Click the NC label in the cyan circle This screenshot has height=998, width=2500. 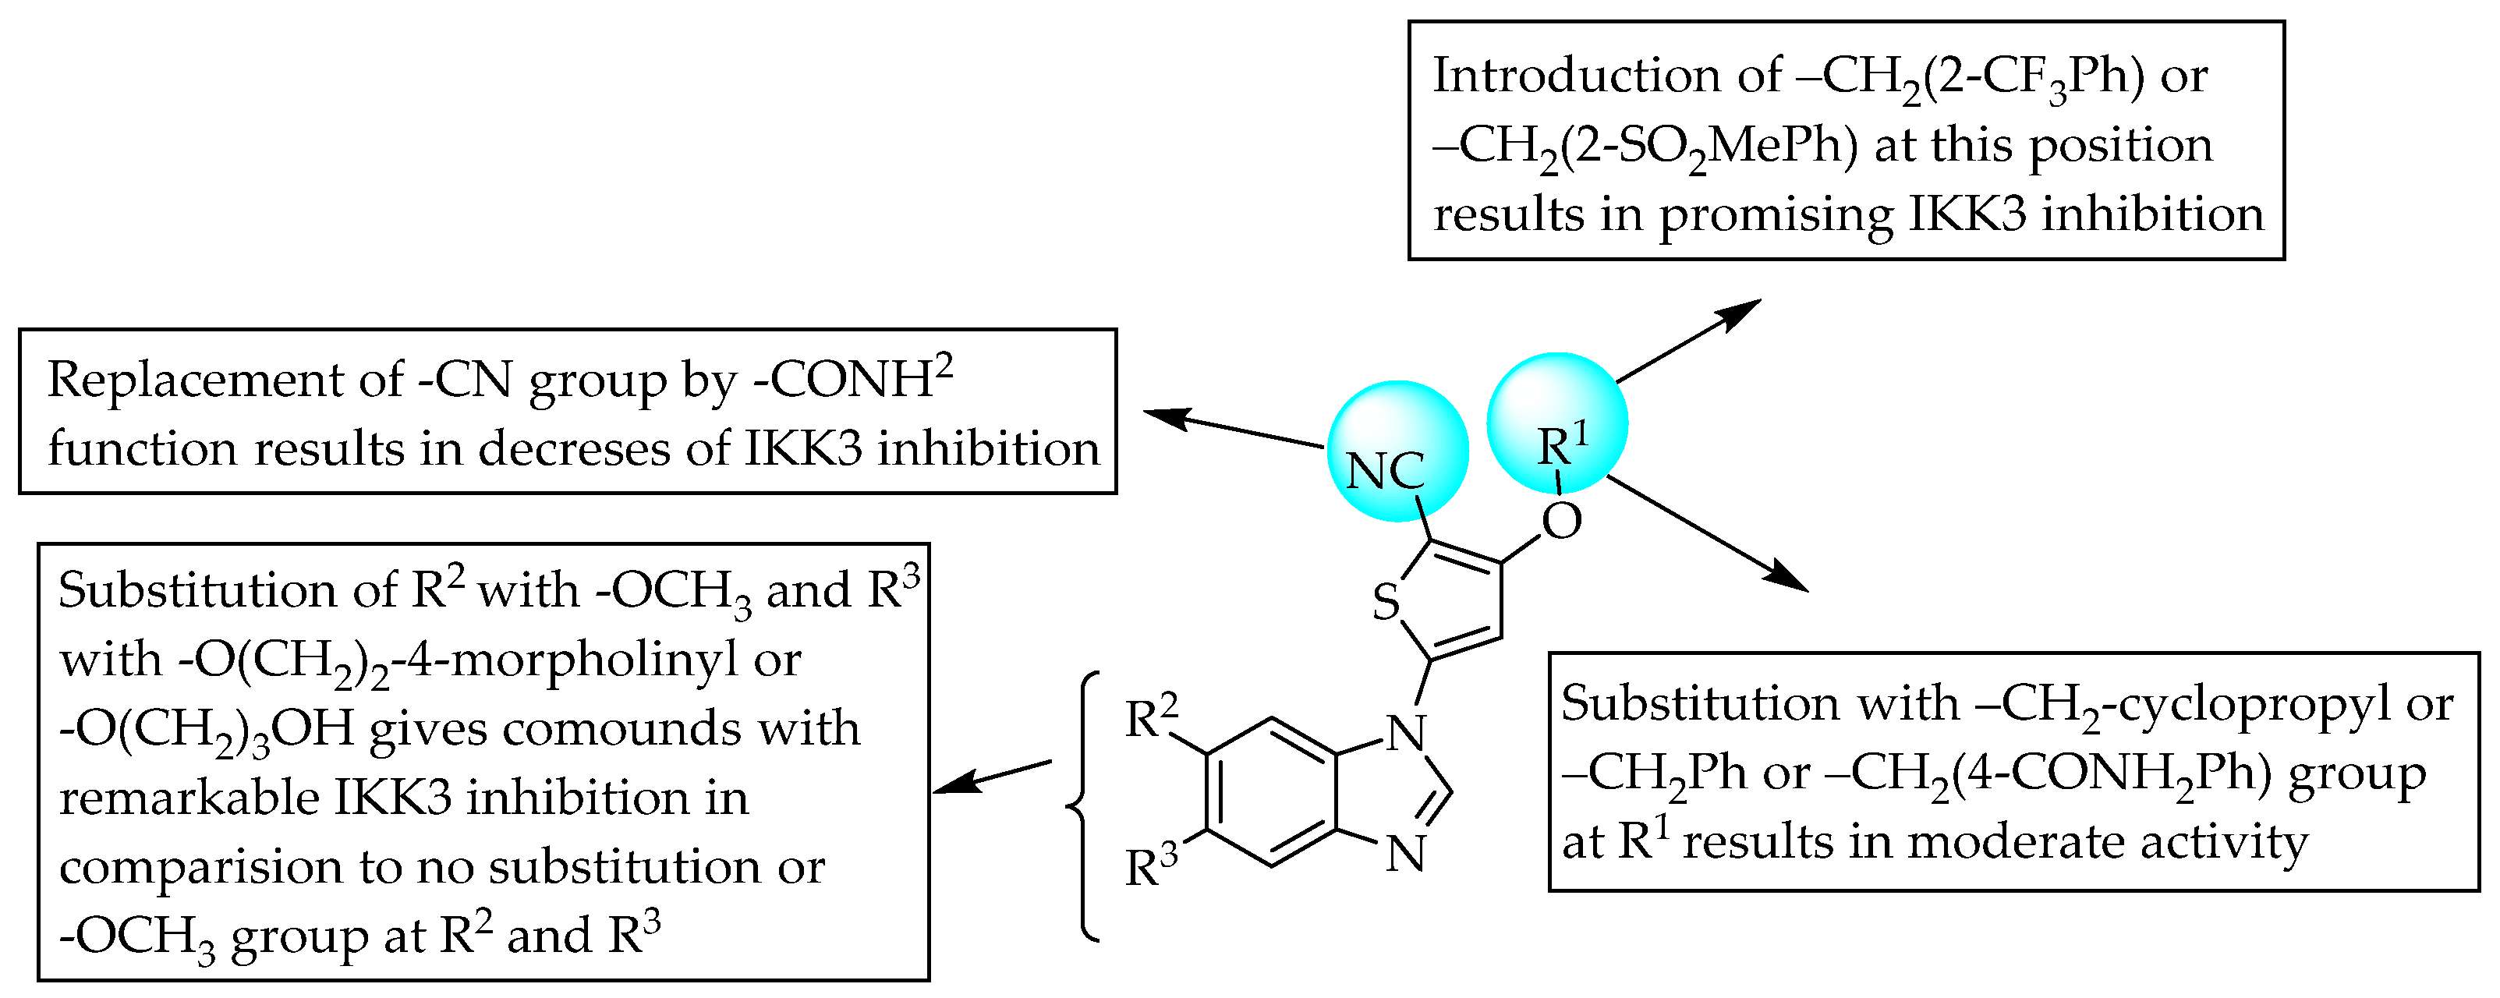(x=1385, y=472)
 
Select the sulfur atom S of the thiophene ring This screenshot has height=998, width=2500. (x=1386, y=602)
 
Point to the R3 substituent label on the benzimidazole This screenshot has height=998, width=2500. (x=1151, y=866)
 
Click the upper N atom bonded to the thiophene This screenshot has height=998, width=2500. (x=1405, y=734)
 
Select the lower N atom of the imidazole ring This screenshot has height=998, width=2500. (x=1405, y=855)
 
